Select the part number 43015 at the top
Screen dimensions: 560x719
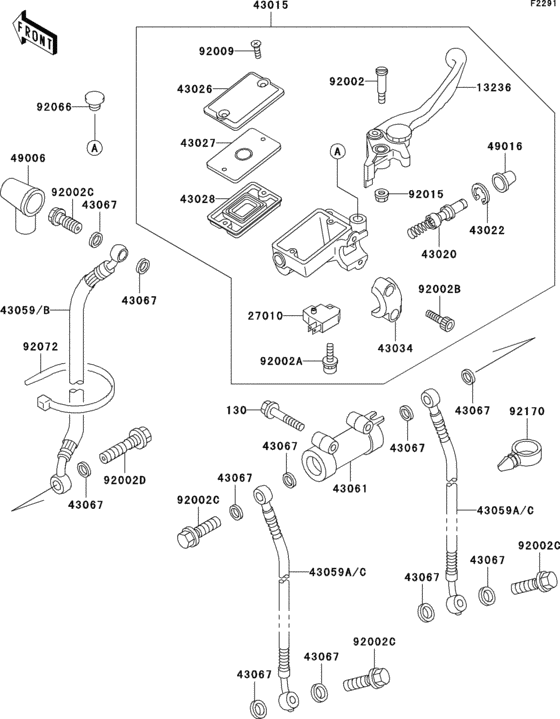[x=271, y=6]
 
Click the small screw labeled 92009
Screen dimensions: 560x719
[x=256, y=49]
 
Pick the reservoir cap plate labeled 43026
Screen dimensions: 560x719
[x=243, y=101]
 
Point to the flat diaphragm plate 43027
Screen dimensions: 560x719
[x=243, y=155]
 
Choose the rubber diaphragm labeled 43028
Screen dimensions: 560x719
[x=244, y=210]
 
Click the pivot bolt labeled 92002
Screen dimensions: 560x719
[x=381, y=85]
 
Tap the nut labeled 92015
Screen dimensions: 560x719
[x=382, y=195]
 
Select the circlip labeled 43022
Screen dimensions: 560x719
[x=481, y=195]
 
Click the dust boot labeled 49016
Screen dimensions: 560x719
[x=504, y=180]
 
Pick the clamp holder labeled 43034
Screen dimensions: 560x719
[x=387, y=299]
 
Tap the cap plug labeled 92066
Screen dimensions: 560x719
[x=95, y=101]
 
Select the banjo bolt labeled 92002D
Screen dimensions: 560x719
[x=126, y=445]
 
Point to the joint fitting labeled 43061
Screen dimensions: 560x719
[x=343, y=445]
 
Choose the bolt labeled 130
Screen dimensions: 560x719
[x=282, y=415]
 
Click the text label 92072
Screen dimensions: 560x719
[x=41, y=347]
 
